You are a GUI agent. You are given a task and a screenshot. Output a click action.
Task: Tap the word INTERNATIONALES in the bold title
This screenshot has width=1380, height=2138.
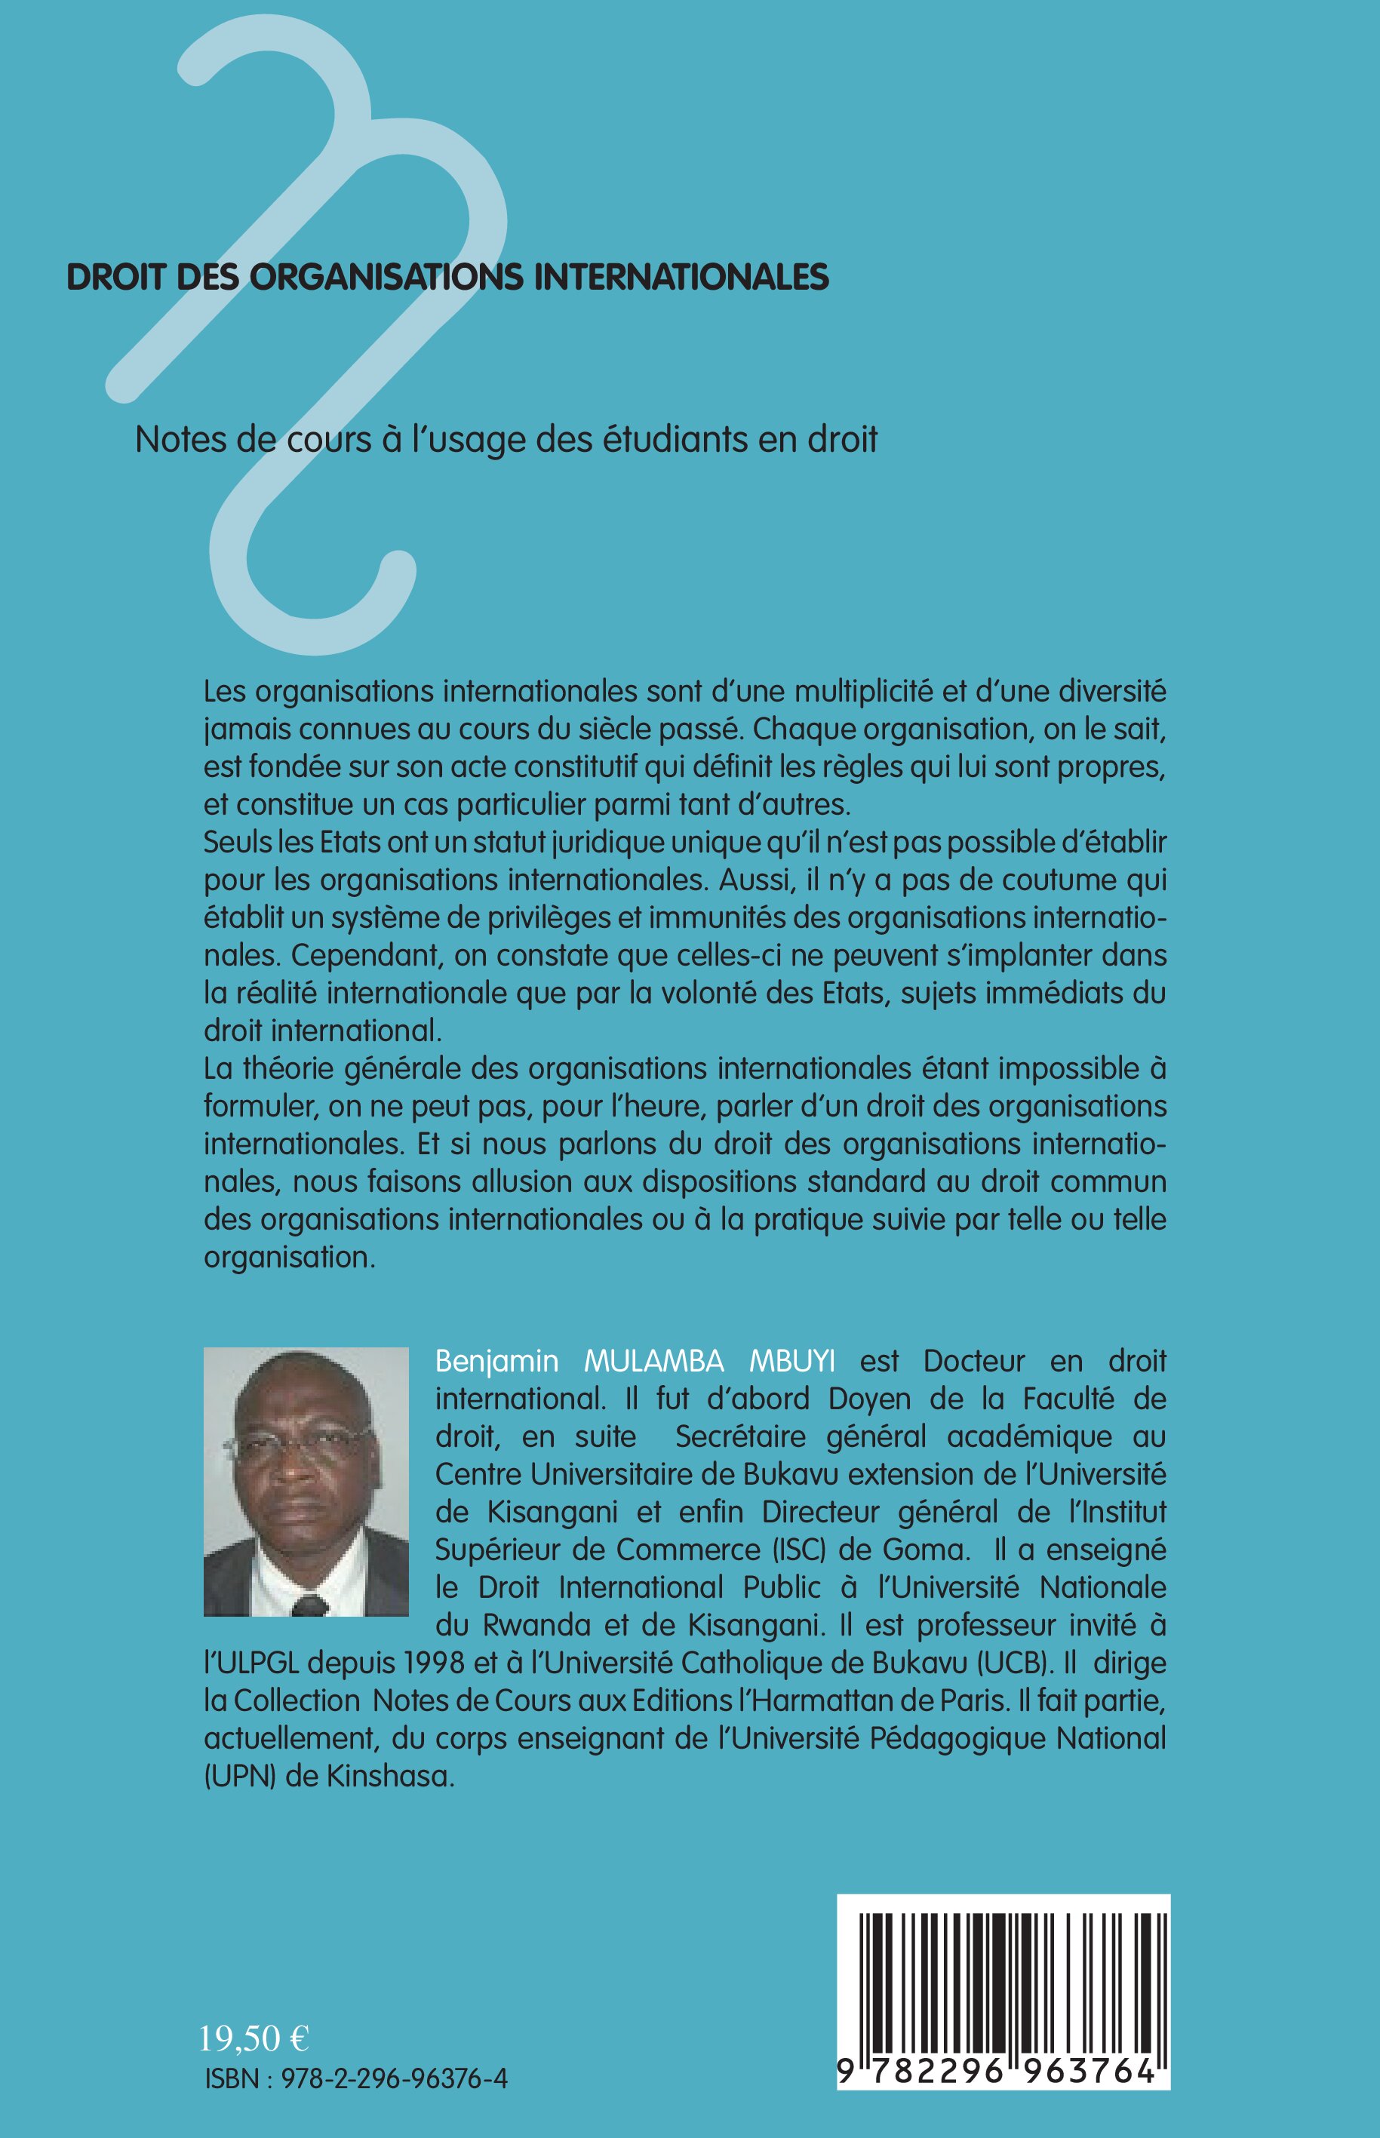click(x=682, y=277)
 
